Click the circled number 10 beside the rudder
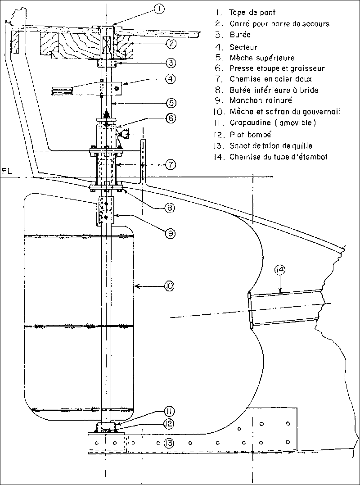pyautogui.click(x=170, y=286)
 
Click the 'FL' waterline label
pyautogui.click(x=6, y=172)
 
